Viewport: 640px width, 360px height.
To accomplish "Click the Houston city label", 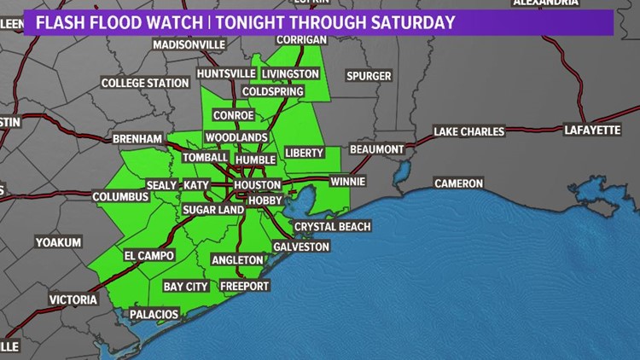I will [257, 184].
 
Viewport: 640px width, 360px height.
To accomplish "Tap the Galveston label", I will [301, 247].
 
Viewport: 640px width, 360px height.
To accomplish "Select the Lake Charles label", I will [468, 131].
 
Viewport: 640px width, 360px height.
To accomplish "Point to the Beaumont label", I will [375, 149].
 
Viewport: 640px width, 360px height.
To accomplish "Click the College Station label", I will [145, 83].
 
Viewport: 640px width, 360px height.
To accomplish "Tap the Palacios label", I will [154, 315].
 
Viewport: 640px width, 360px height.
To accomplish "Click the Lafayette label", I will [592, 131].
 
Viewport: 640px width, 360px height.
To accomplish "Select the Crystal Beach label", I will [333, 226].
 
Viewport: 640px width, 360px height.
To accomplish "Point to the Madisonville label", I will [189, 44].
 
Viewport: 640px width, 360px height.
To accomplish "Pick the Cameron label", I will [458, 183].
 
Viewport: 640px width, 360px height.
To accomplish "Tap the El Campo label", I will [149, 255].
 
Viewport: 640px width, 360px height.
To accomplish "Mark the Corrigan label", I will [303, 40].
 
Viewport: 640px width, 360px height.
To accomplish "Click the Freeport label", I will [244, 286].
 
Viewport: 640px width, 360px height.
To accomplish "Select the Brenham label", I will [135, 138].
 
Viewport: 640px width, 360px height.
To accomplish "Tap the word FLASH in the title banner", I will [62, 22].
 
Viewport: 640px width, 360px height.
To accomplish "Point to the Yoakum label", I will [58, 242].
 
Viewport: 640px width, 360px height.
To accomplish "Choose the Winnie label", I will [348, 182].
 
